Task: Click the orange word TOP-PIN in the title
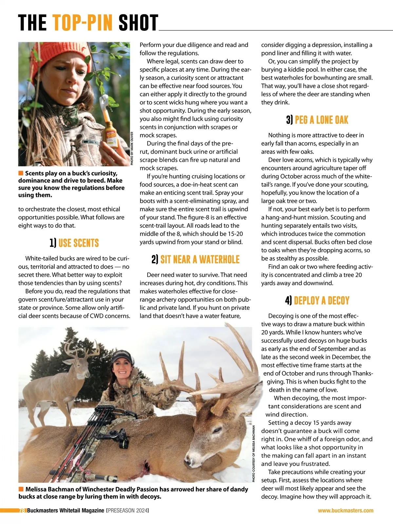coord(83,23)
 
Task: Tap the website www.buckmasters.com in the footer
coord(346,510)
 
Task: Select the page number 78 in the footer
coord(22,510)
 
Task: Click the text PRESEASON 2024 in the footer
coord(128,510)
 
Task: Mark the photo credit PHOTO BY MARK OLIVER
coord(132,148)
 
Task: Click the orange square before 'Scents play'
coord(21,173)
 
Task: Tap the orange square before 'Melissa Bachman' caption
coord(21,489)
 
